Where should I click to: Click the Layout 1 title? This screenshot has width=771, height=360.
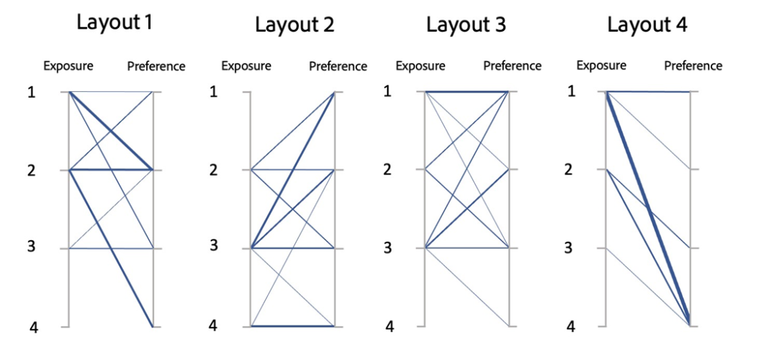(x=114, y=23)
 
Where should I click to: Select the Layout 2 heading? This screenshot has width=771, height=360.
(x=294, y=25)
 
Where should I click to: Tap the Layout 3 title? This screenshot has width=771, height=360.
(x=465, y=24)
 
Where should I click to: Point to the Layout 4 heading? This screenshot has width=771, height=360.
(x=648, y=24)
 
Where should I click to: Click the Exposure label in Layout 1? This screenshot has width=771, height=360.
(x=69, y=66)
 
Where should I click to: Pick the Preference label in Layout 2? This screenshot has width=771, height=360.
(x=338, y=66)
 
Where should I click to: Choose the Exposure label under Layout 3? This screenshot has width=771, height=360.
(x=420, y=66)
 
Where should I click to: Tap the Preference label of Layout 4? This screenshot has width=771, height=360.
(x=693, y=66)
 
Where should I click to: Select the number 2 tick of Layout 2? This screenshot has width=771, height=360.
(x=213, y=169)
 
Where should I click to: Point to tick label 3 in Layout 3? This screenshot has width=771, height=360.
(x=389, y=248)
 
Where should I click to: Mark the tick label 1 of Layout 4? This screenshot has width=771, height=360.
(x=571, y=91)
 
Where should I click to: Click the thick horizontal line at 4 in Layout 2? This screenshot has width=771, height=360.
(x=293, y=325)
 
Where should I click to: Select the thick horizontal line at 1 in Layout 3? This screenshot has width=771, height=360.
(x=467, y=91)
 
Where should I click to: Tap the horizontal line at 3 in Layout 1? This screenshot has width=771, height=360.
(x=111, y=249)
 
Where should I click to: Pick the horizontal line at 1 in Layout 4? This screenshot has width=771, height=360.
(x=648, y=91)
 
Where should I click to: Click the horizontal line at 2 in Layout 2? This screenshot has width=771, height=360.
(x=293, y=169)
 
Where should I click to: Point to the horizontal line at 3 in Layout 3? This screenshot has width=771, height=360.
(x=467, y=248)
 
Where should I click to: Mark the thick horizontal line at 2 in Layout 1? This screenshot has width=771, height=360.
(x=111, y=169)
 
